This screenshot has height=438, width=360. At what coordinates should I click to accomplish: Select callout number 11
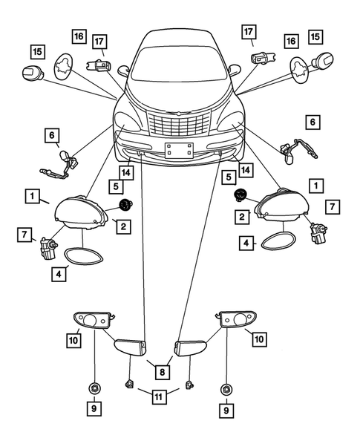coord(159,397)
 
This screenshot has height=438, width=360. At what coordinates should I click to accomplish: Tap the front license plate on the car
coord(177,150)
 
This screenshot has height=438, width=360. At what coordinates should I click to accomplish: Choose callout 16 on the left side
coord(79,36)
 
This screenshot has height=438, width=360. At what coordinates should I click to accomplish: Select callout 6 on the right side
coord(312,120)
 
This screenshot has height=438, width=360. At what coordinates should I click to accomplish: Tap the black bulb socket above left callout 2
coord(125,203)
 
